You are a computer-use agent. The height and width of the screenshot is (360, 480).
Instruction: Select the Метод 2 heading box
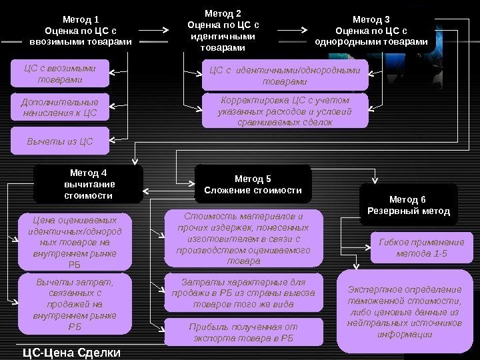pyautogui.click(x=222, y=31)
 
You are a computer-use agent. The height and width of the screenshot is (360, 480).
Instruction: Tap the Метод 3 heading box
pyautogui.click(x=371, y=31)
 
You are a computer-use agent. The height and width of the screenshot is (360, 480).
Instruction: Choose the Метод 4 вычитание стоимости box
pyautogui.click(x=89, y=184)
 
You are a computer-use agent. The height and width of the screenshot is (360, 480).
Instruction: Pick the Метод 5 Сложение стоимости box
pyautogui.click(x=253, y=184)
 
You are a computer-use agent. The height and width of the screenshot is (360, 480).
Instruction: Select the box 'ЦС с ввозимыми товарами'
pyautogui.click(x=60, y=74)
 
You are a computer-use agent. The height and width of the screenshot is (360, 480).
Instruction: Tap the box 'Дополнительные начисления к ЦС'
pyautogui.click(x=60, y=107)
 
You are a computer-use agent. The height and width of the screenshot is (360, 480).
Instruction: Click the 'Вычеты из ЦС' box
pyautogui.click(x=60, y=141)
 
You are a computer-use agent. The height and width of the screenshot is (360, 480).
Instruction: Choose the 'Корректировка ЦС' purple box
pyautogui.click(x=285, y=110)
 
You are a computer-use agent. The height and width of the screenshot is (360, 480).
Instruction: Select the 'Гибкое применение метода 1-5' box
pyautogui.click(x=421, y=248)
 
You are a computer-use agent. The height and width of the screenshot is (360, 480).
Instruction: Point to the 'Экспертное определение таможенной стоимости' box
pyautogui.click(x=404, y=311)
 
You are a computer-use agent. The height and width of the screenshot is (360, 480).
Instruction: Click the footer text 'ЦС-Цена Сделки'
pyautogui.click(x=71, y=352)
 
